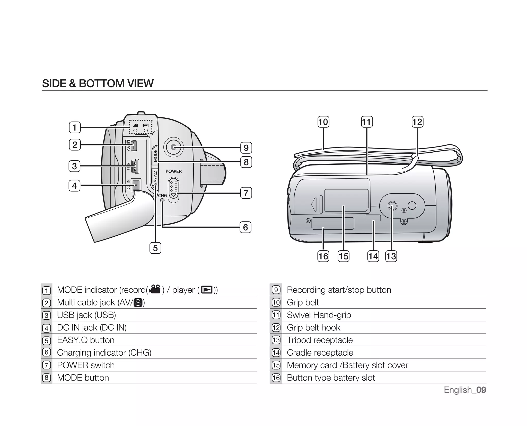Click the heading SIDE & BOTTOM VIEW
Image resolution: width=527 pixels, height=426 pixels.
tap(98, 84)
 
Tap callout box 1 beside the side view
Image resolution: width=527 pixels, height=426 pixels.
tap(75, 127)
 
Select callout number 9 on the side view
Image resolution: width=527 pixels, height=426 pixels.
tap(246, 148)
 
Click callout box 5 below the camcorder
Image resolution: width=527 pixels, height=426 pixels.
tap(155, 248)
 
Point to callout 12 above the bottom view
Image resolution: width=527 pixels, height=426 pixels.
tap(417, 122)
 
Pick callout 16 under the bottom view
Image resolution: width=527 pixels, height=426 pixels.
tap(323, 256)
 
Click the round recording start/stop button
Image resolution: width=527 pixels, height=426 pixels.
tap(173, 147)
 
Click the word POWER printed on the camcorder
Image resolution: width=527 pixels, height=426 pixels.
tap(173, 171)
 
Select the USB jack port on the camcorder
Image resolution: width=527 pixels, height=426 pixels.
tap(135, 166)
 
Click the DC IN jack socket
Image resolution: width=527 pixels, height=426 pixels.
tap(136, 185)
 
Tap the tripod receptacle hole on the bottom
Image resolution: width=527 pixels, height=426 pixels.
tap(392, 206)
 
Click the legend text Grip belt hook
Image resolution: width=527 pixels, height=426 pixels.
tap(313, 328)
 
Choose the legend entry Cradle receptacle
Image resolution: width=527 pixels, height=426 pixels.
tap(320, 353)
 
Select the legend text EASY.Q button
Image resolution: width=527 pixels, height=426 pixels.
tap(86, 340)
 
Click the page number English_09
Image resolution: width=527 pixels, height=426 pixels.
tap(465, 390)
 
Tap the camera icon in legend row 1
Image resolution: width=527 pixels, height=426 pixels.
tap(155, 289)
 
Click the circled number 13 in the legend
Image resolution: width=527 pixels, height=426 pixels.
tap(276, 340)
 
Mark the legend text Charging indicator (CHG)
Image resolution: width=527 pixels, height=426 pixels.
tap(104, 353)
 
